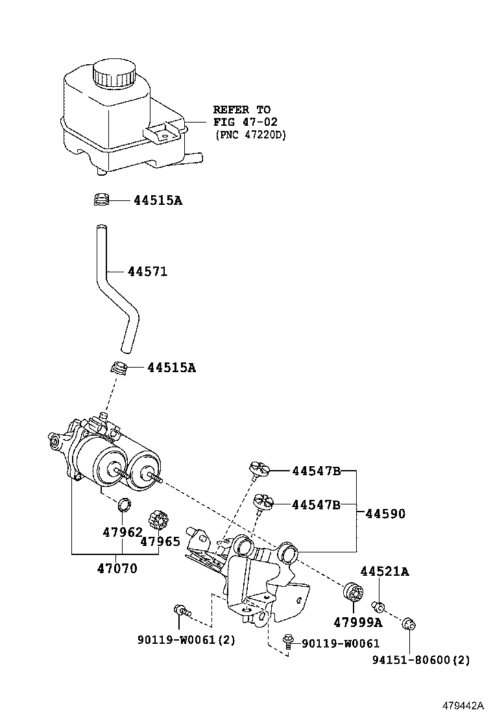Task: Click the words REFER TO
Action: (x=241, y=110)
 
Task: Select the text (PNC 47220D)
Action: (x=250, y=135)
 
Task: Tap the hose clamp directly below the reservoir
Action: (x=100, y=200)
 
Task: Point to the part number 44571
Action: (x=147, y=272)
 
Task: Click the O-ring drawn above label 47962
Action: (x=124, y=504)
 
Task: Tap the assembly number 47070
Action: (x=117, y=569)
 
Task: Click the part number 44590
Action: (x=385, y=514)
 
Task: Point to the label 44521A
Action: (x=385, y=571)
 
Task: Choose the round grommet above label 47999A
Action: (x=353, y=593)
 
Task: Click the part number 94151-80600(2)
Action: (x=421, y=660)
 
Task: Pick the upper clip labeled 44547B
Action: (x=258, y=468)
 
